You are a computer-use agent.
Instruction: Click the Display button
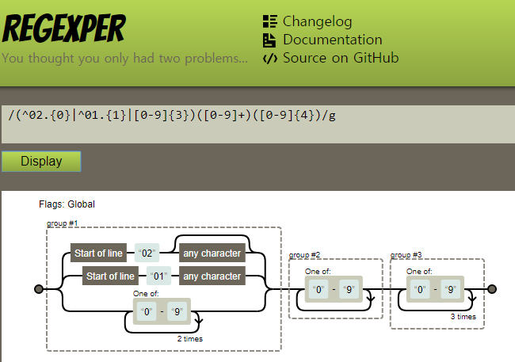(x=41, y=162)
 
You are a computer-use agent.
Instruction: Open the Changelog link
(x=317, y=21)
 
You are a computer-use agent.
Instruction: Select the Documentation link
(x=332, y=40)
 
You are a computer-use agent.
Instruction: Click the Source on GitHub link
(x=340, y=58)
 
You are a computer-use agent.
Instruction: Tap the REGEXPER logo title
(x=64, y=30)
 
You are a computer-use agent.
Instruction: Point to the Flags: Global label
(x=67, y=204)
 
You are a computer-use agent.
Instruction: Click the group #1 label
(x=63, y=223)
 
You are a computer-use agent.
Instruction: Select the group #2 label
(x=304, y=255)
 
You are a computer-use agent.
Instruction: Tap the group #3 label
(x=406, y=255)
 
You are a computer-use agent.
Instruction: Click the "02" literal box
(x=147, y=253)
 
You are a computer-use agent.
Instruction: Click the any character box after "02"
(x=212, y=253)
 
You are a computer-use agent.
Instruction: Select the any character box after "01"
(x=212, y=276)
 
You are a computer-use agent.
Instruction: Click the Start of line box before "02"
(x=98, y=253)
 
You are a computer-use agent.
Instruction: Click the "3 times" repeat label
(x=463, y=316)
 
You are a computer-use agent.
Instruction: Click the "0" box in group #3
(x=421, y=289)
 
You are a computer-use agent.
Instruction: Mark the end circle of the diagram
(x=492, y=289)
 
